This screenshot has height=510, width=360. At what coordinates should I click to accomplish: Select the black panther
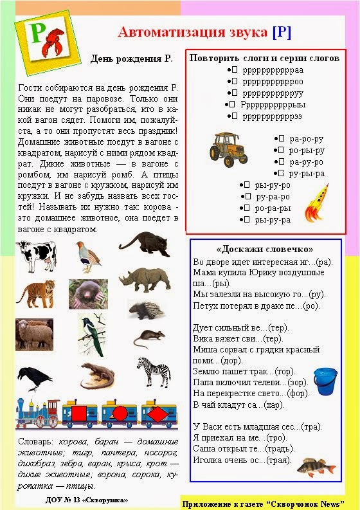pos(145,244)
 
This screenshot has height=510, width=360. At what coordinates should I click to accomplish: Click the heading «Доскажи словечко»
pos(265,249)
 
